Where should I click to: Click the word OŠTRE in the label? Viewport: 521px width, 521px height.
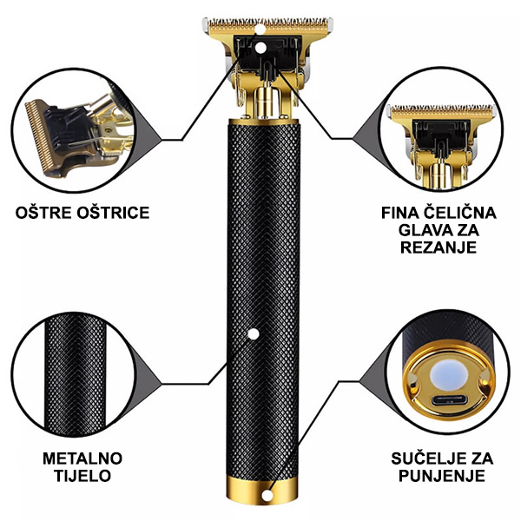tap(44, 213)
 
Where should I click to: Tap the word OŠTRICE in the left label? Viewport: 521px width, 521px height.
tap(113, 213)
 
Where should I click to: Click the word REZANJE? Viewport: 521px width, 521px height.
tap(439, 247)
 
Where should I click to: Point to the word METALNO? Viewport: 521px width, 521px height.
tap(82, 458)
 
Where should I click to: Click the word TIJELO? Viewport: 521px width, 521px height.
tap(82, 476)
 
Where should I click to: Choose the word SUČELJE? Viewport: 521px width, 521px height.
tap(427, 458)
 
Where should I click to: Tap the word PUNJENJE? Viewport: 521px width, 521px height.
tap(442, 476)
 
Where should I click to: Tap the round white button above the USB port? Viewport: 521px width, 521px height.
tap(449, 375)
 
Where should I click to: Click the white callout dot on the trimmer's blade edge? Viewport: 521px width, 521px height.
tap(260, 30)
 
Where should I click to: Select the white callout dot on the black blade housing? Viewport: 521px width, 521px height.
tap(260, 48)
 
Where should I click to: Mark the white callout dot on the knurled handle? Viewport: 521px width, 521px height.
tap(254, 334)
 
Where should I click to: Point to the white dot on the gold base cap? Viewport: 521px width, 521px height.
tap(267, 496)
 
